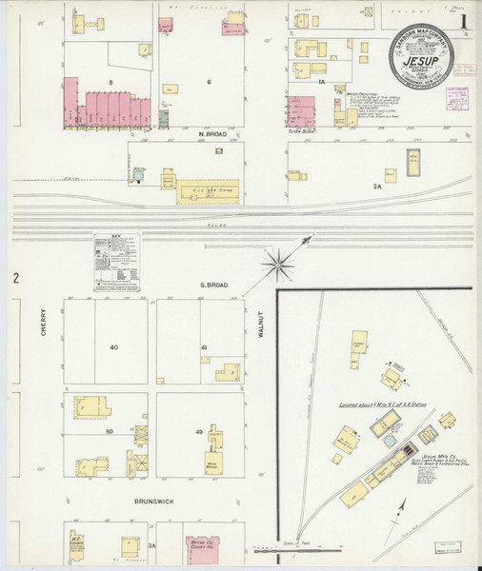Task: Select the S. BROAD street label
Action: click(211, 285)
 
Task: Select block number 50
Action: click(110, 433)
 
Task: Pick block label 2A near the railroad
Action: click(376, 187)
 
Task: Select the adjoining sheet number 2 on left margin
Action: click(16, 278)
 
